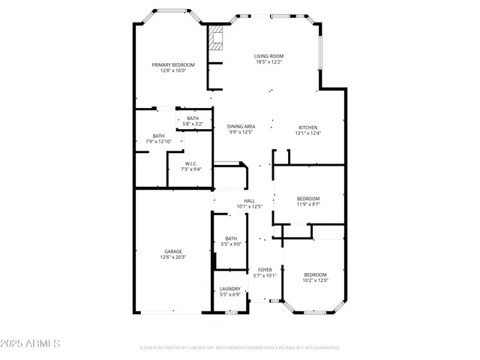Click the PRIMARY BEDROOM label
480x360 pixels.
click(173, 65)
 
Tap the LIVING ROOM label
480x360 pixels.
click(268, 56)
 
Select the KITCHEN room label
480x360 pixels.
click(308, 127)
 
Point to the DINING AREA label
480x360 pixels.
click(241, 127)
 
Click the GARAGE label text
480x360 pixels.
click(173, 251)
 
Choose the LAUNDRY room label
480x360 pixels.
click(229, 289)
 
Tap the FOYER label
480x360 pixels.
click(265, 269)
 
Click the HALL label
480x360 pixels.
click(249, 200)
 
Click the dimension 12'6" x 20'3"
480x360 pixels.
click(173, 257)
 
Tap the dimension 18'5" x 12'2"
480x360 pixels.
click(268, 62)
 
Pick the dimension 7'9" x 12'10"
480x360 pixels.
click(158, 142)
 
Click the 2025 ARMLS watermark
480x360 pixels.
click(31, 343)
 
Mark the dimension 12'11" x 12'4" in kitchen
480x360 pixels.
click(308, 133)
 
